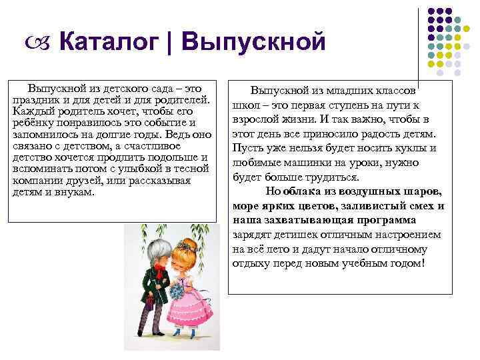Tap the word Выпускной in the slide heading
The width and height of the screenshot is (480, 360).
(x=253, y=43)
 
